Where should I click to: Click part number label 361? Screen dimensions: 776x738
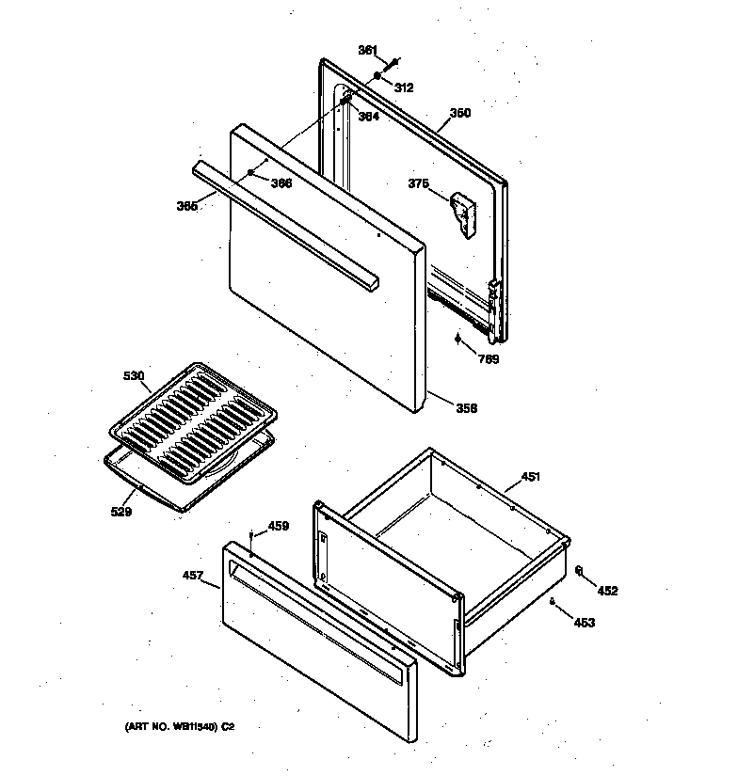click(367, 50)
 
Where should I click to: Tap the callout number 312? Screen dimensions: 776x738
click(403, 87)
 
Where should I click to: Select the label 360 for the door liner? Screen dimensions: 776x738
click(459, 113)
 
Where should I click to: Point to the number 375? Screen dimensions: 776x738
click(418, 184)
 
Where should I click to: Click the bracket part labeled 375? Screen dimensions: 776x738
click(461, 212)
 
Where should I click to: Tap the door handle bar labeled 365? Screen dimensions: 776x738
click(282, 220)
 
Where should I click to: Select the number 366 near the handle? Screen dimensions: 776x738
click(281, 183)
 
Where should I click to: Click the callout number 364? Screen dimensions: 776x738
click(368, 117)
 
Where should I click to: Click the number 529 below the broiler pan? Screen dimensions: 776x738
click(120, 512)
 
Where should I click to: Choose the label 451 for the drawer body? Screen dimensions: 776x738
click(530, 477)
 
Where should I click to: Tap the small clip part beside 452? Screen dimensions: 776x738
click(578, 570)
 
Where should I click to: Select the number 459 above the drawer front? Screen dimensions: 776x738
click(278, 526)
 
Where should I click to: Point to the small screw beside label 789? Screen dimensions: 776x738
click(458, 340)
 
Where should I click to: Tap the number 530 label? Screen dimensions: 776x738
click(134, 376)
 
